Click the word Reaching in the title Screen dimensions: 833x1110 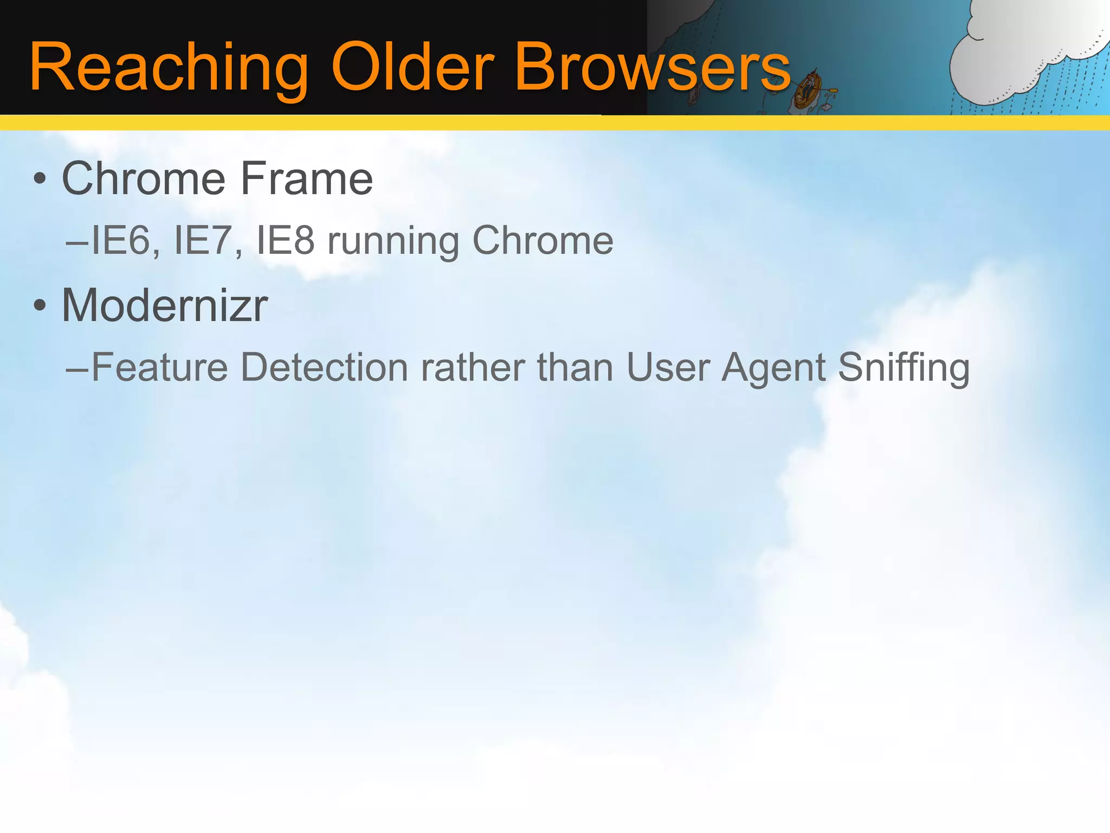[168, 68]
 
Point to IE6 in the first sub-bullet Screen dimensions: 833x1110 [125, 241]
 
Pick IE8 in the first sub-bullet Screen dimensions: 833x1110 [285, 241]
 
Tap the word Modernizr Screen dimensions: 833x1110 [165, 305]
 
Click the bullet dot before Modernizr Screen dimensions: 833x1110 [40, 305]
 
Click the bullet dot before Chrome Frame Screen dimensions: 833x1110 [40, 178]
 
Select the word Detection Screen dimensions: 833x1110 [324, 368]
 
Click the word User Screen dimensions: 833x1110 [668, 368]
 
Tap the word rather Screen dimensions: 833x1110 [473, 368]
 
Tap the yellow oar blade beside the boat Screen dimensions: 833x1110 [832, 91]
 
